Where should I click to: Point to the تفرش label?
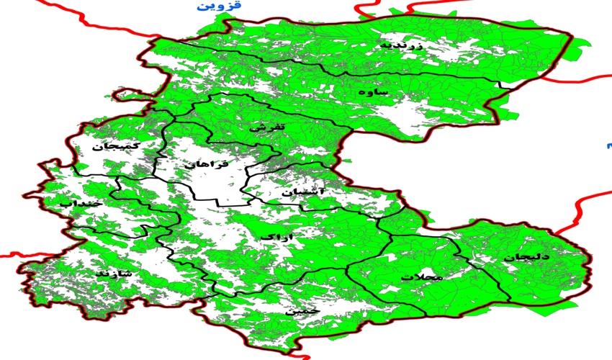269,127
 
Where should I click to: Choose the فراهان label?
206,165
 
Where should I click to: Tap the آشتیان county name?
303,193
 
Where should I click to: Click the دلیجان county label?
526,256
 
